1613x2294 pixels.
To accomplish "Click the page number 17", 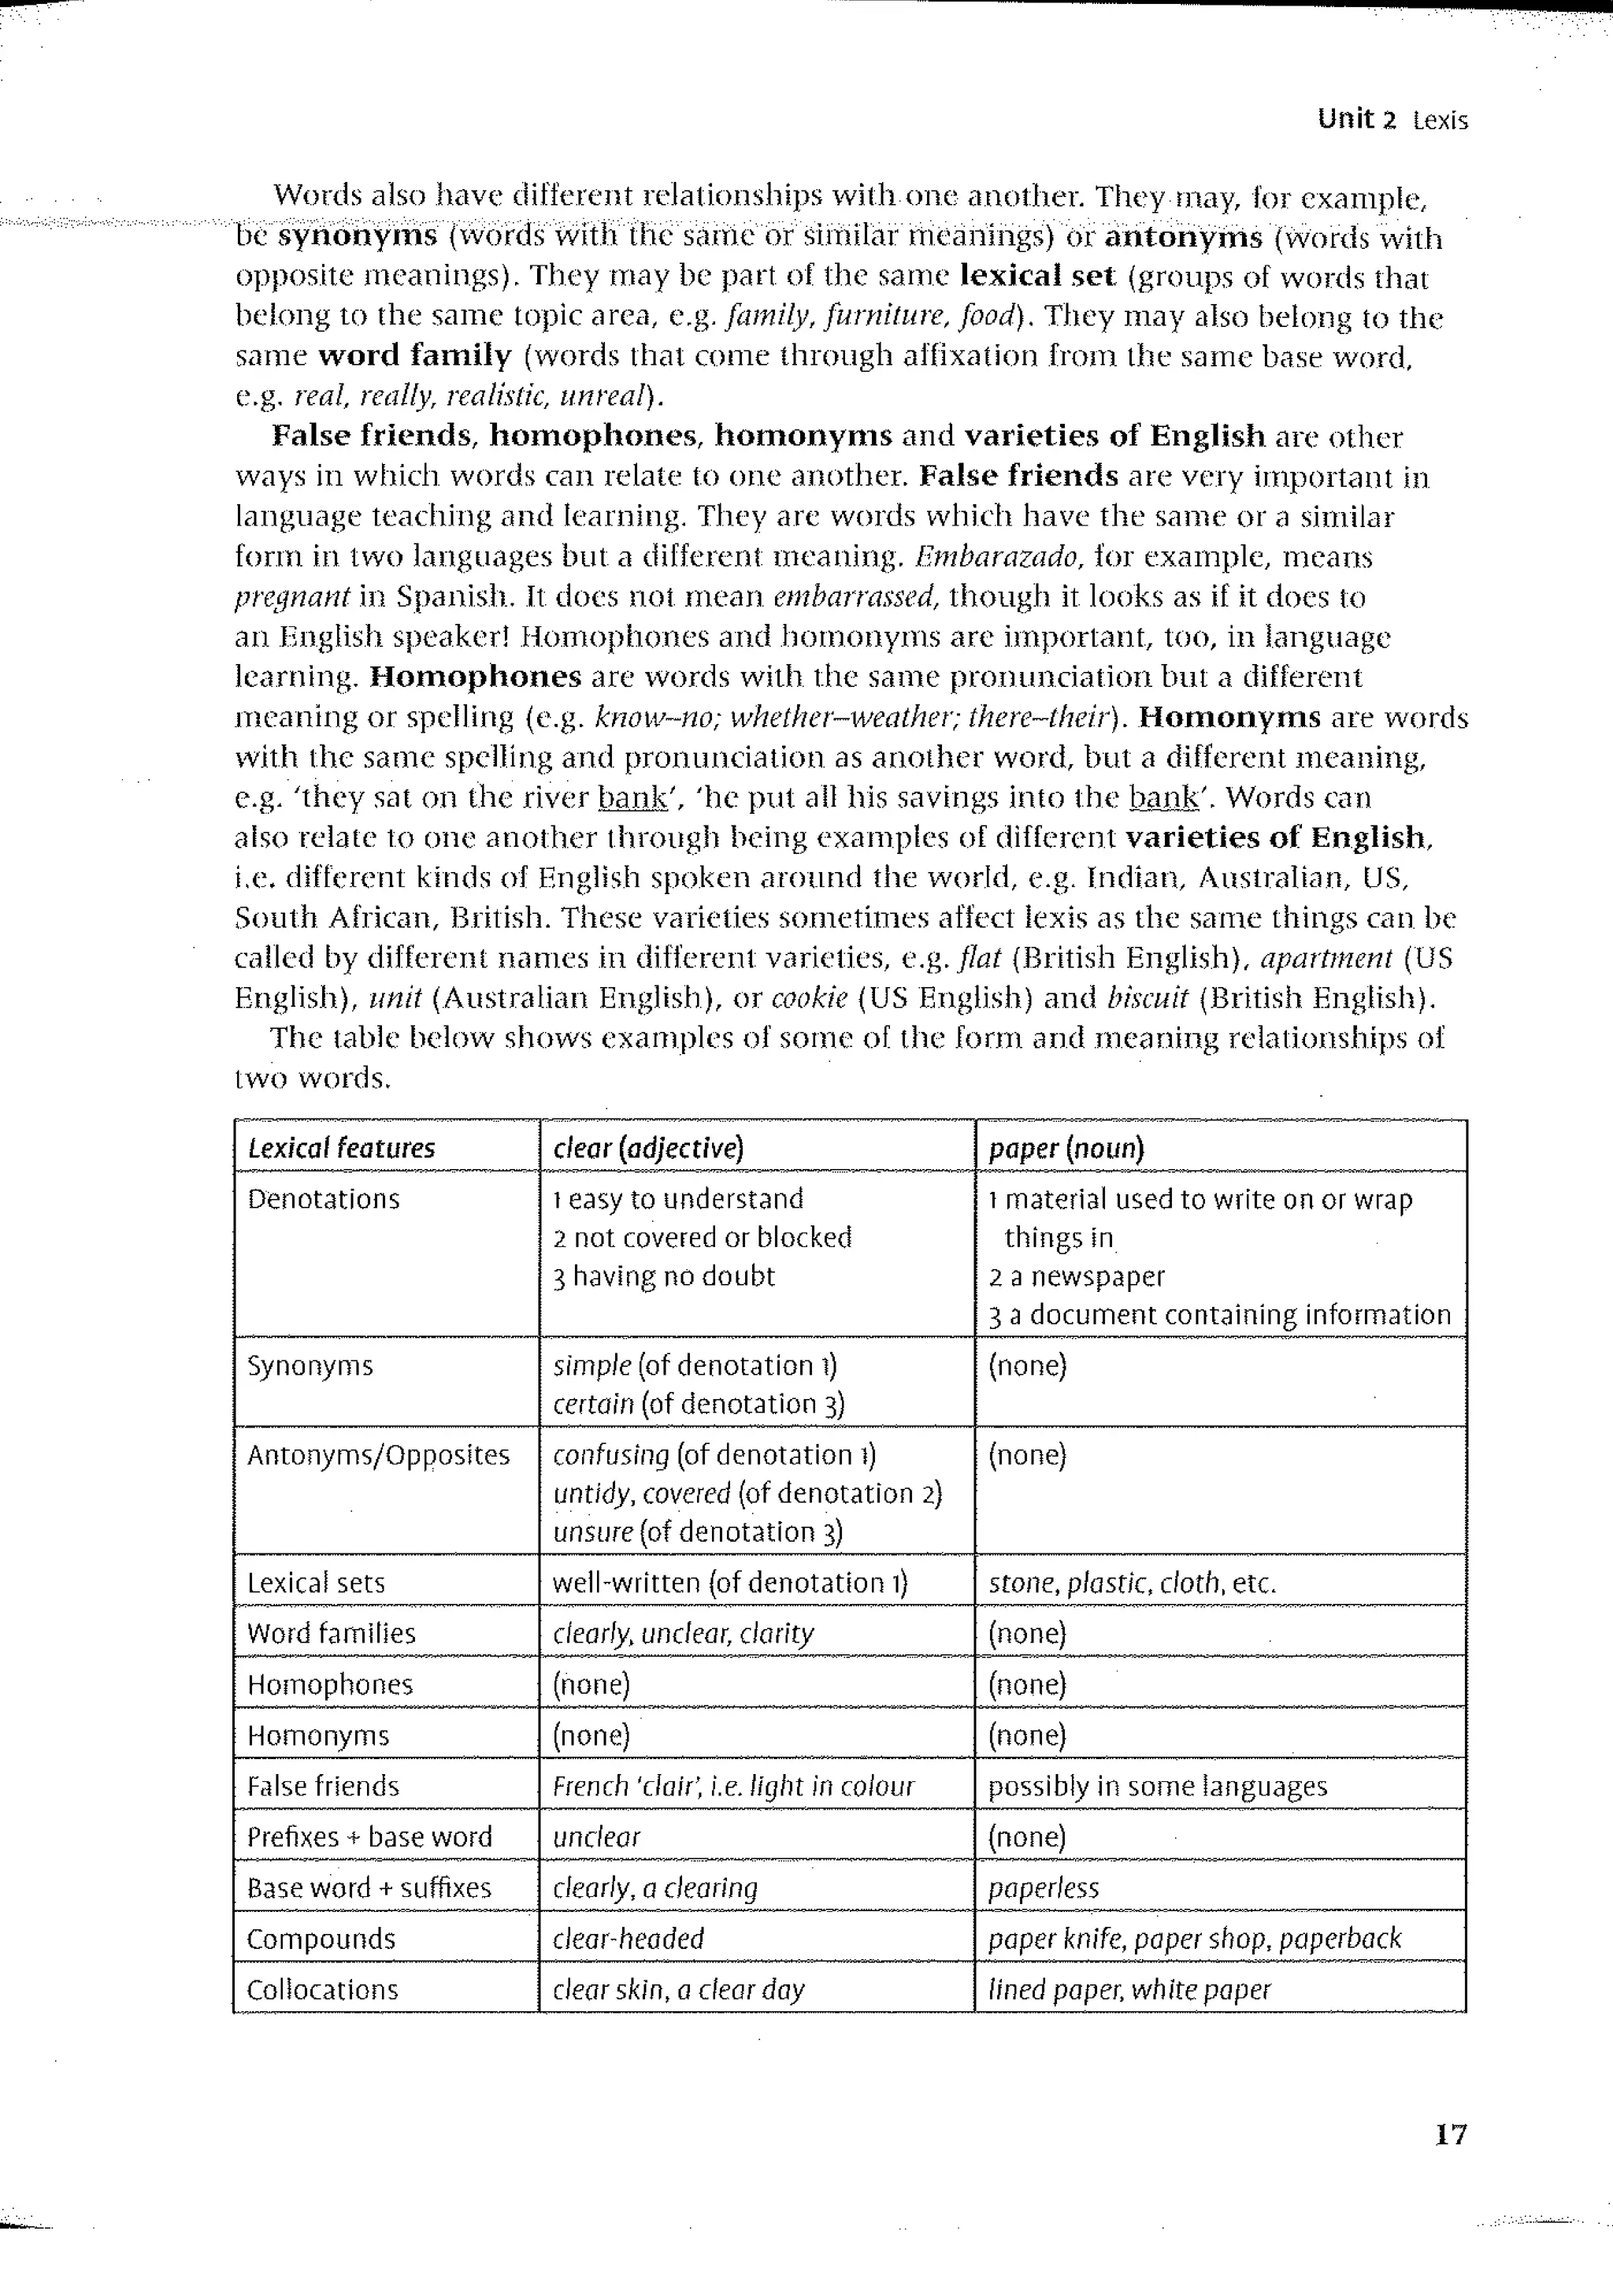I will tap(1450, 2135).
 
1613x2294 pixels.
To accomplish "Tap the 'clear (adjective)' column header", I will tap(648, 1148).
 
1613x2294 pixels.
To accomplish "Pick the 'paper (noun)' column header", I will tap(1066, 1148).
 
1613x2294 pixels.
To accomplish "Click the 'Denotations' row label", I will tap(323, 1199).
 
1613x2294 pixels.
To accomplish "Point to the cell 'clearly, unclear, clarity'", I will tap(683, 1634).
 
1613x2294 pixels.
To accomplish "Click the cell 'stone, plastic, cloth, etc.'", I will tap(1132, 1583).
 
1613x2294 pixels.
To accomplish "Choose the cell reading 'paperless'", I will tap(1043, 1888).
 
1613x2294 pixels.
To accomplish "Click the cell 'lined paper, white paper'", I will tap(1129, 1990).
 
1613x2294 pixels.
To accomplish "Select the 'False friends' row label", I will tap(323, 1787).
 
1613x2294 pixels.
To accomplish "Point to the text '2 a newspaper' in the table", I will tap(1077, 1277).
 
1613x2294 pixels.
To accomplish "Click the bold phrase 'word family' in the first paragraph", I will tap(414, 356).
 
